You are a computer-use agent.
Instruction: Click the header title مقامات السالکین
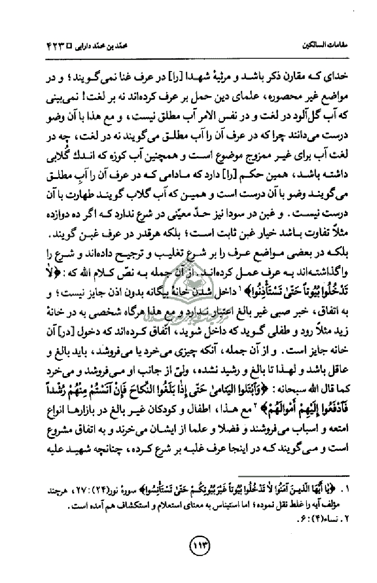[328, 48]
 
